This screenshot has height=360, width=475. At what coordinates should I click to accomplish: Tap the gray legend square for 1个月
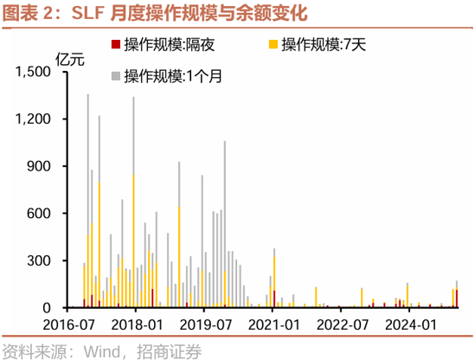116,75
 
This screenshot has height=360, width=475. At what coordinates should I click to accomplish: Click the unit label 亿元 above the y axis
72,59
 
